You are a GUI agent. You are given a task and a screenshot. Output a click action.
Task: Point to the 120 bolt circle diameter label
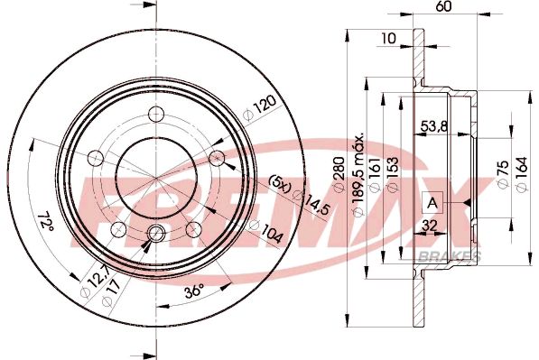click(x=259, y=112)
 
